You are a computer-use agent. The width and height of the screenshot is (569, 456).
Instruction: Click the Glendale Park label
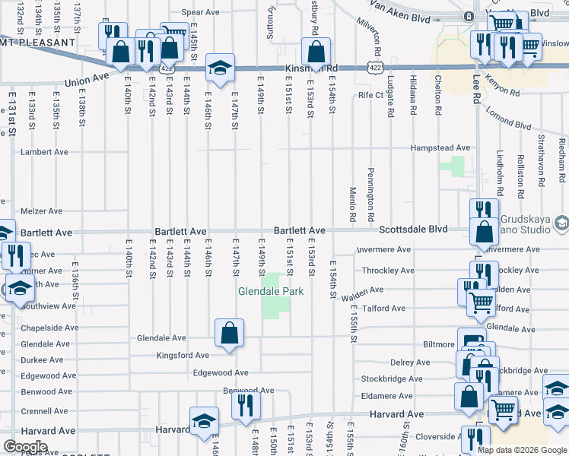coord(271,291)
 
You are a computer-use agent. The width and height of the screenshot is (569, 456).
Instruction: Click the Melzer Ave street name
coord(42,211)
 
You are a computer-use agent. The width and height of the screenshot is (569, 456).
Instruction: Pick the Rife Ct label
coord(371,96)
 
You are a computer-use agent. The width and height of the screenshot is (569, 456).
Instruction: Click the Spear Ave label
coord(201,13)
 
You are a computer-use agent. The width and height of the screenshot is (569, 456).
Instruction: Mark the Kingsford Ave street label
coord(182,355)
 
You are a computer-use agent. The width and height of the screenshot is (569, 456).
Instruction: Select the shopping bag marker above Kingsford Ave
coord(229,334)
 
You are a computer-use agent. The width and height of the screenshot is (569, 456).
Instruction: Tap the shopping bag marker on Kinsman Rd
coord(316,53)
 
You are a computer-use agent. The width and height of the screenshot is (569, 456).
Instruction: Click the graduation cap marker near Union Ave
coord(219,68)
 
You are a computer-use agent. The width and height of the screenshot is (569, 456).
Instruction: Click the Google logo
coord(25,447)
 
